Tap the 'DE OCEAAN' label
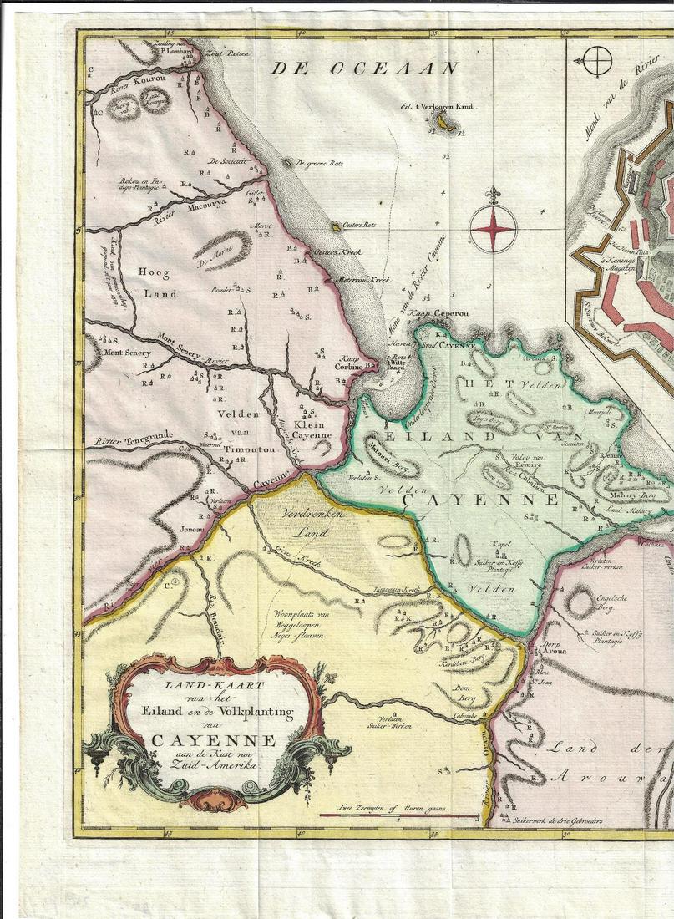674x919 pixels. point(364,69)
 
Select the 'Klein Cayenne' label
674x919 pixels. point(312,428)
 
